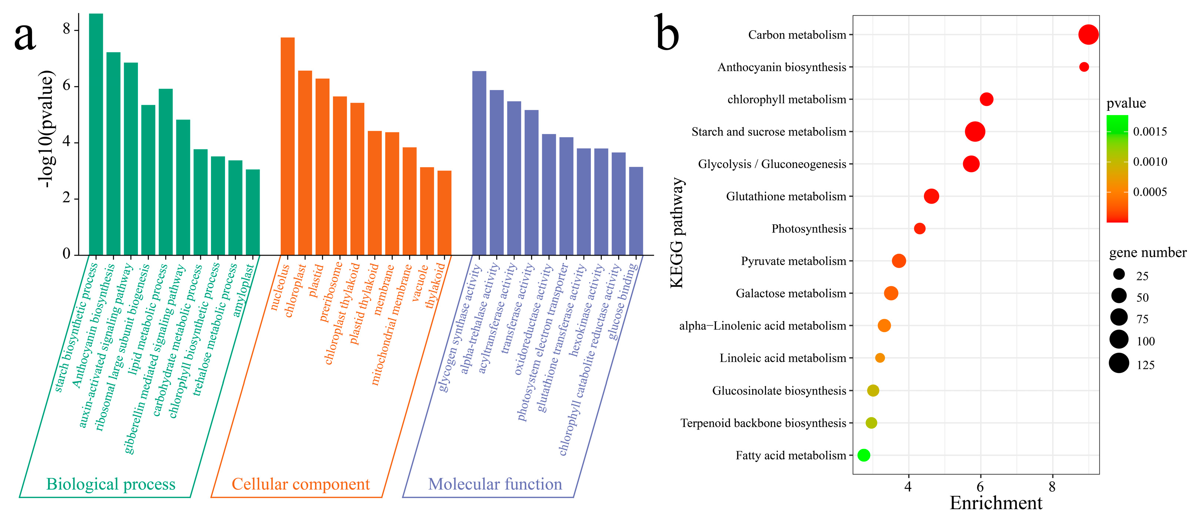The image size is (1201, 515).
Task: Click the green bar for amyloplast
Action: [x=253, y=212]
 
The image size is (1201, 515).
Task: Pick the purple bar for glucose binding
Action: [x=636, y=211]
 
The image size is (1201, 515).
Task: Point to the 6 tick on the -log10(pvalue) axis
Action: [x=67, y=86]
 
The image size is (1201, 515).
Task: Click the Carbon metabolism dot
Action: [x=1088, y=35]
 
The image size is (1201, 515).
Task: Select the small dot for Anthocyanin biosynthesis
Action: [x=1084, y=67]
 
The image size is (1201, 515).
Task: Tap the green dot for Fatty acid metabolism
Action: [x=863, y=455]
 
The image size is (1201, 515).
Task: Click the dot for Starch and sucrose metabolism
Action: [x=975, y=132]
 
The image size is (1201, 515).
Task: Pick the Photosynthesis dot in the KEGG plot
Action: [x=920, y=229]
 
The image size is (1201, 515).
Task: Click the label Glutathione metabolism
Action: [x=786, y=196]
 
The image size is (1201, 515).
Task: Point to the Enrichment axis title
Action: [x=996, y=503]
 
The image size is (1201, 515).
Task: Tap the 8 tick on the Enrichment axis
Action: [x=1052, y=487]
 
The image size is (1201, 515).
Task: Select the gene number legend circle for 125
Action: [x=1119, y=363]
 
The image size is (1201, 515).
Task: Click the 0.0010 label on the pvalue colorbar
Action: [x=1150, y=162]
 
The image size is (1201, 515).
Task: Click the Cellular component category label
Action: [x=301, y=484]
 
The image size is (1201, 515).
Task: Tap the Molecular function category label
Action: [x=495, y=484]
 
